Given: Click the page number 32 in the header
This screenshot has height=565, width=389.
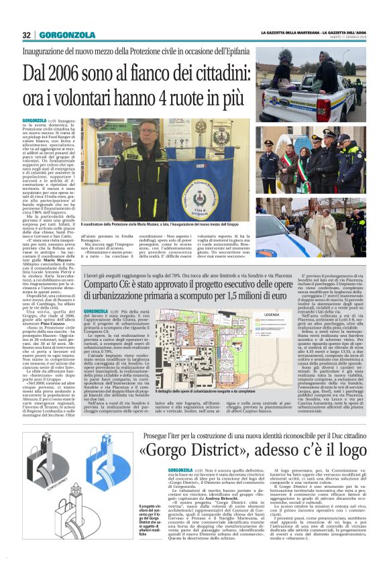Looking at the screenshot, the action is click(x=27, y=35).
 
